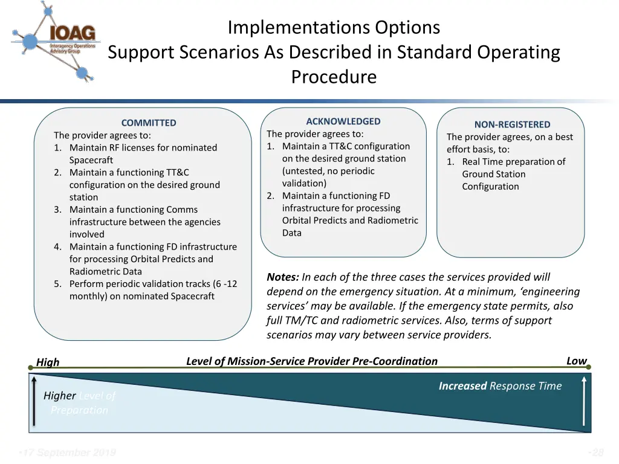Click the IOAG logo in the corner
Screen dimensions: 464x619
coord(54,41)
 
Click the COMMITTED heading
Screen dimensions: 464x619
coord(149,123)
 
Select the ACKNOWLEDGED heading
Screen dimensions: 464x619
coord(343,121)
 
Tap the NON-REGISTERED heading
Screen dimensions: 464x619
coord(512,124)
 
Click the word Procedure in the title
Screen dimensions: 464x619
coord(334,77)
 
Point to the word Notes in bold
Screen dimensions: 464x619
coord(282,277)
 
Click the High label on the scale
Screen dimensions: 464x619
coord(48,362)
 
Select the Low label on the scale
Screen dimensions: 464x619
coord(576,361)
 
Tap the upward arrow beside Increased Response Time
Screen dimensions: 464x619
coord(584,402)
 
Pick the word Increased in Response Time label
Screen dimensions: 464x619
coord(462,386)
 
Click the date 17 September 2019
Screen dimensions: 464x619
coord(67,453)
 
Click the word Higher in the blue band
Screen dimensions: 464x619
coord(59,396)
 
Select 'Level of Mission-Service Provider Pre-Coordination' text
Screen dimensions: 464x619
coord(311,361)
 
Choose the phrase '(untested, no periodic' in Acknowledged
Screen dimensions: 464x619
coord(328,171)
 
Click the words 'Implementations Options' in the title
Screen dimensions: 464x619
coord(334,28)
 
